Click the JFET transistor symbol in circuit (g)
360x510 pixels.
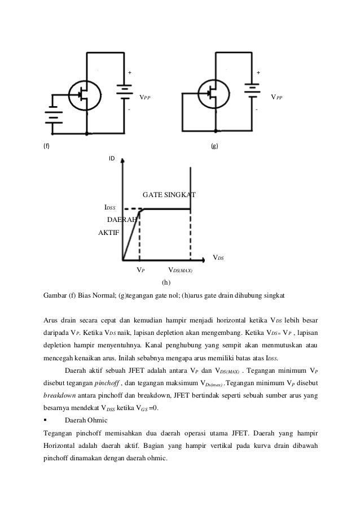(213, 94)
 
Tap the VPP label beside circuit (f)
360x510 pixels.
(145, 97)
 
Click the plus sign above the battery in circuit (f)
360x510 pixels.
(129, 73)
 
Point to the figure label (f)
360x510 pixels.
(46, 146)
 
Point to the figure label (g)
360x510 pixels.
(214, 146)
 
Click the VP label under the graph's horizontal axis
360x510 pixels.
(141, 271)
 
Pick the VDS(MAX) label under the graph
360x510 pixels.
(181, 271)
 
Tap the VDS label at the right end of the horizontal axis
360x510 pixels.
(217, 258)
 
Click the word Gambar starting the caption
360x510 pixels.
(56, 295)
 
